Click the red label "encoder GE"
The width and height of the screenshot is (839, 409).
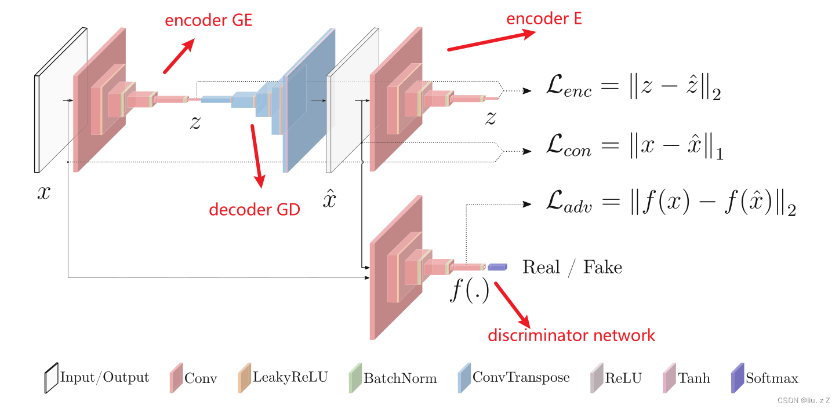[x=209, y=20]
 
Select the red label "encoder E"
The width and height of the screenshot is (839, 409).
[x=544, y=19]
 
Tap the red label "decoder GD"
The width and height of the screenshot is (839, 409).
[x=255, y=209]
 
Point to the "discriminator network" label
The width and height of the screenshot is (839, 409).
[x=571, y=335]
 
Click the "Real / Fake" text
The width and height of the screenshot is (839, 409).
[x=572, y=267]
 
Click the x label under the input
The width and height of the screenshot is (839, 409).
[x=43, y=192]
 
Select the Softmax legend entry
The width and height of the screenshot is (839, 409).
[x=765, y=378]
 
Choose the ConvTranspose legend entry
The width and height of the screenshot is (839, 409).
[x=514, y=378]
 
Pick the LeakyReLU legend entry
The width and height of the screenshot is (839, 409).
[x=282, y=378]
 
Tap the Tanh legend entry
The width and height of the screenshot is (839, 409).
[x=687, y=378]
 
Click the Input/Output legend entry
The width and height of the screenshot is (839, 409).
[x=97, y=378]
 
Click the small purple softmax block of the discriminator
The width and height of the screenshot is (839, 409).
[x=497, y=266]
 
